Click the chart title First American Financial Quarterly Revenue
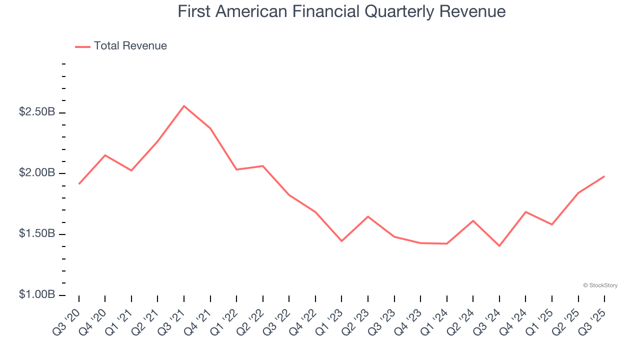(341, 11)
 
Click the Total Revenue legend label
(130, 46)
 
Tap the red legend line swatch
(82, 46)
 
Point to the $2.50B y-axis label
(37, 112)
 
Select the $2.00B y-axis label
(37, 173)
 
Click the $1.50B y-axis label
(37, 234)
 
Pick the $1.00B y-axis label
(37, 295)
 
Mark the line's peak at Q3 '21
(184, 106)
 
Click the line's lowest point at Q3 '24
(499, 246)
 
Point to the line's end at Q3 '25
(604, 176)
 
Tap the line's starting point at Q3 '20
(79, 184)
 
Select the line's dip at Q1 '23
(341, 241)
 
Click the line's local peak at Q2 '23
(368, 216)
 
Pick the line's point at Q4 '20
(105, 155)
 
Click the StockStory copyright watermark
(600, 285)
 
